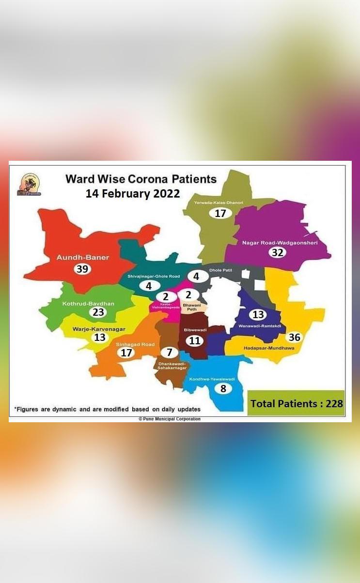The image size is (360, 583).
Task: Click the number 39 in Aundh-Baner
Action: [82, 269]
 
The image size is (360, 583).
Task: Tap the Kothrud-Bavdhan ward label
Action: [88, 304]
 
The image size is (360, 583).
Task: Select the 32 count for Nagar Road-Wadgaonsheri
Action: [277, 252]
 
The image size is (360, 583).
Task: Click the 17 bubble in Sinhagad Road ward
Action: [126, 353]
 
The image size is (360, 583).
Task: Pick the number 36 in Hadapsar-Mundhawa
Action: [294, 337]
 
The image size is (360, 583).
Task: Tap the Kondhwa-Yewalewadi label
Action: [212, 379]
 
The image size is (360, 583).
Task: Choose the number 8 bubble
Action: [223, 388]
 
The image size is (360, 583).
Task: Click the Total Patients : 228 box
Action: [296, 403]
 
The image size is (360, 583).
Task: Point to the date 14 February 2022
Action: [133, 194]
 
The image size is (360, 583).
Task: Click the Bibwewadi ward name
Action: [195, 330]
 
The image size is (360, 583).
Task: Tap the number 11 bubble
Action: [194, 340]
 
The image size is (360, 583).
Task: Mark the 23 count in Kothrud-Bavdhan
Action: [98, 312]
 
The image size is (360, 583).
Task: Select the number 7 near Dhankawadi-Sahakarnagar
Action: [169, 352]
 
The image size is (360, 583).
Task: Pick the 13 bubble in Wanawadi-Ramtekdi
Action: [258, 315]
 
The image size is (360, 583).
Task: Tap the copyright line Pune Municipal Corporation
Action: [170, 419]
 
